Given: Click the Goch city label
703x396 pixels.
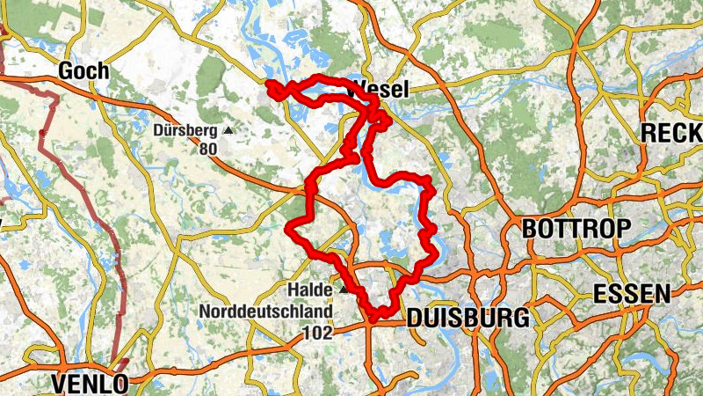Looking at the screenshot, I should pos(83,71).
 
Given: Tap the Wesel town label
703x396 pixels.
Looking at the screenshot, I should pos(379,88).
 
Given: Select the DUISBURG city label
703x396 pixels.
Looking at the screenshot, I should pos(467,318).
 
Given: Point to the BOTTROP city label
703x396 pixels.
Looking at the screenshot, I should pos(576,229).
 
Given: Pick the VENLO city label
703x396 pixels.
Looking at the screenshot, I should pos(91,384).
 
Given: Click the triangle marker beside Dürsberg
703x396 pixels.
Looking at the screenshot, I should pos(228,130).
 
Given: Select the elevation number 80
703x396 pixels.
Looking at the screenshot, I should pos(207,149).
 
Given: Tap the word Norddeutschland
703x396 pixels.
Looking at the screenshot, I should pos(265,312).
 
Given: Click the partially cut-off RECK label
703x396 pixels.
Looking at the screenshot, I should pos(672,133).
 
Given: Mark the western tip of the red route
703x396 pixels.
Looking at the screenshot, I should pos(268,84).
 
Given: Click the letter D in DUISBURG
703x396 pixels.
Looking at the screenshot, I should pos(415,318).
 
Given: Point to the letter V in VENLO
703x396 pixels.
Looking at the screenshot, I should pos(60,384).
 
